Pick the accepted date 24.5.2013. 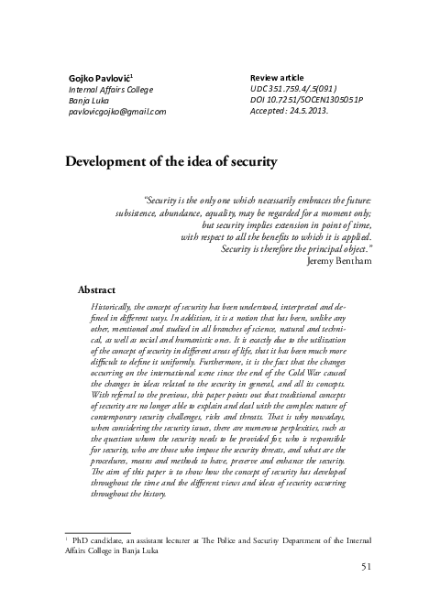pyautogui.click(x=332, y=111)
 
